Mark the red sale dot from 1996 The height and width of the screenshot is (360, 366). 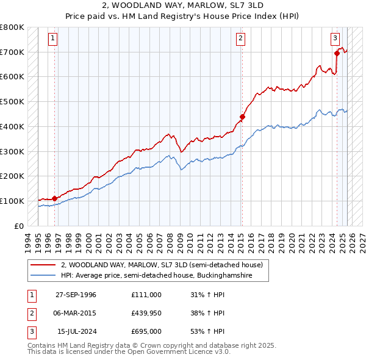pyautogui.click(x=54, y=198)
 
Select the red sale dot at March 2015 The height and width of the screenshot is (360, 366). pyautogui.click(x=242, y=117)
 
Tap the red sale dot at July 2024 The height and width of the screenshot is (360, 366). pyautogui.click(x=337, y=53)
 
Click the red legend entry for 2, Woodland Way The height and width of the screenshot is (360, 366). pyautogui.click(x=162, y=265)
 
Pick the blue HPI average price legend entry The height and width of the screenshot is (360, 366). pyautogui.click(x=165, y=276)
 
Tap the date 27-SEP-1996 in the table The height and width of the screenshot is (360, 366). pyautogui.click(x=76, y=295)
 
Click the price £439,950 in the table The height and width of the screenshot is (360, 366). pyautogui.click(x=146, y=313)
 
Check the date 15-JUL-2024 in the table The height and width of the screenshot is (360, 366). pyautogui.click(x=76, y=331)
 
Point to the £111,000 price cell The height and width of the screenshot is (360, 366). pyautogui.click(x=146, y=295)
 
